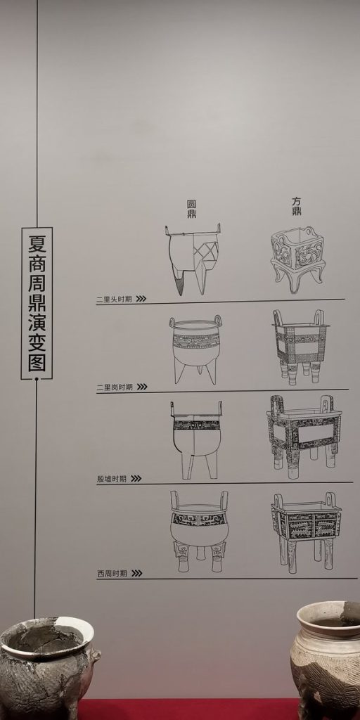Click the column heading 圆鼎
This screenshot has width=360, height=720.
click(191, 208)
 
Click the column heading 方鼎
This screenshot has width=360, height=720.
click(297, 207)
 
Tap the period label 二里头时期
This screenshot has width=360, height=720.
click(115, 300)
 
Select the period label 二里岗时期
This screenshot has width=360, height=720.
click(115, 387)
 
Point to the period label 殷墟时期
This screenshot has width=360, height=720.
click(112, 479)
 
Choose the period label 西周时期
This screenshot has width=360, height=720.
click(112, 574)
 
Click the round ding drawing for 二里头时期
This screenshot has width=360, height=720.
click(193, 259)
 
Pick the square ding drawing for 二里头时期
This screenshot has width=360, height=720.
click(298, 259)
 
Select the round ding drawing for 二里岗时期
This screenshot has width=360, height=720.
click(195, 349)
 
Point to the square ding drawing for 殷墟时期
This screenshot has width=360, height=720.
click(304, 437)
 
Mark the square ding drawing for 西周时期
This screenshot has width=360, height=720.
click(307, 533)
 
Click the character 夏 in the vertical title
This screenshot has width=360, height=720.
click(37, 243)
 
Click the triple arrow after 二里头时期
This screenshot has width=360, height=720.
click(141, 298)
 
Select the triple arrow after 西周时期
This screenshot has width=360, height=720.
click(137, 573)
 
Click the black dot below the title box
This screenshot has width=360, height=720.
click(37, 379)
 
